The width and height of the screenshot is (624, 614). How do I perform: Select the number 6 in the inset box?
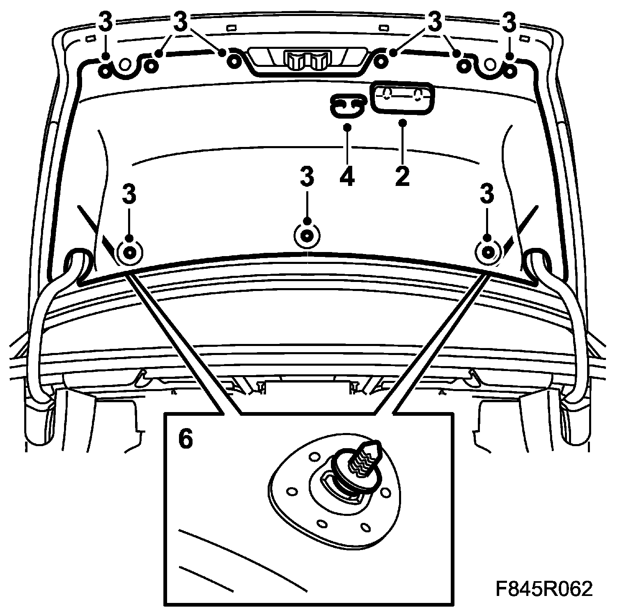(185, 440)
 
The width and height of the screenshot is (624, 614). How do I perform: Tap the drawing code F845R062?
(544, 590)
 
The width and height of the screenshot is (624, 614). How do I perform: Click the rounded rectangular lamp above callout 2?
(402, 97)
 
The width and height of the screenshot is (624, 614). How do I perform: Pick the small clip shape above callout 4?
(348, 105)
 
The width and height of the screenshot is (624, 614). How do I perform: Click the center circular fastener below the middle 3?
(306, 236)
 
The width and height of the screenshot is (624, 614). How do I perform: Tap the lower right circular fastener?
(487, 251)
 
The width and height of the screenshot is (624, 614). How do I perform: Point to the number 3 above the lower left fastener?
(129, 194)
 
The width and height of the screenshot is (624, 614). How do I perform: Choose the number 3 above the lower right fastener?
(487, 194)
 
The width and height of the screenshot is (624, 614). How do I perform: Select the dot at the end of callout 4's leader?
(347, 127)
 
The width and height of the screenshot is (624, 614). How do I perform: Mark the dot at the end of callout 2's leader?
(402, 122)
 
